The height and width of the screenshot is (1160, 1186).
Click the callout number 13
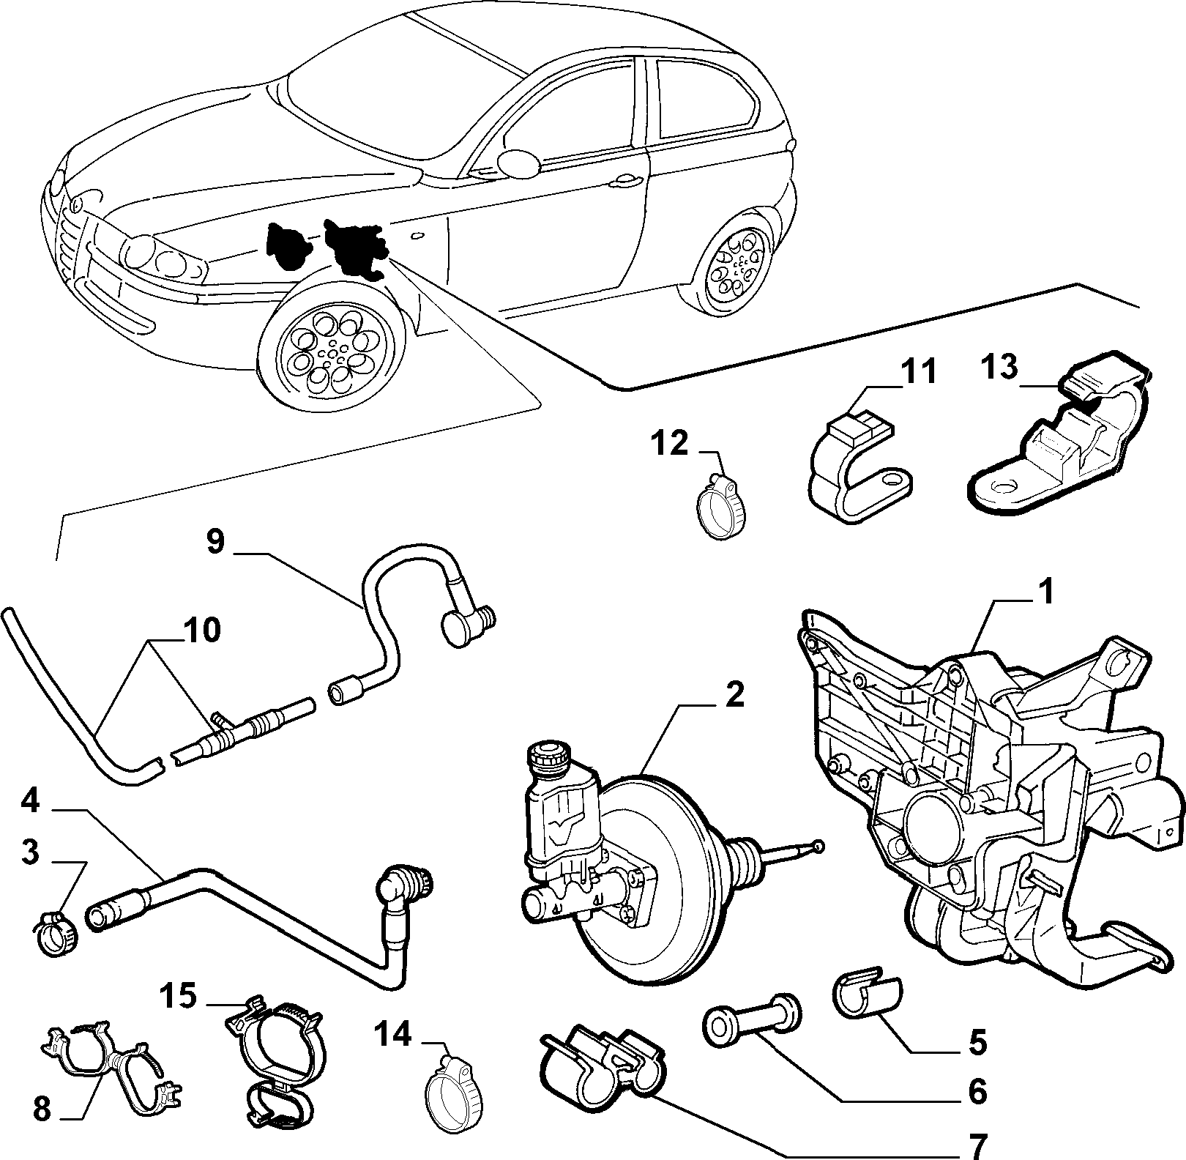coord(1000,367)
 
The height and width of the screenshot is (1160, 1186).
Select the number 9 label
coord(215,543)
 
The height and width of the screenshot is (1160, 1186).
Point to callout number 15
coord(179,996)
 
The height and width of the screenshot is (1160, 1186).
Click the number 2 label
coord(735,694)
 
